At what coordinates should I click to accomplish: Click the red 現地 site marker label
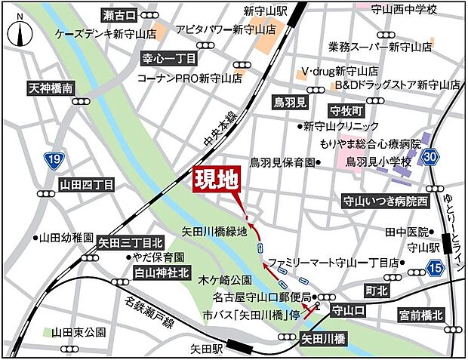pyautogui.click(x=217, y=180)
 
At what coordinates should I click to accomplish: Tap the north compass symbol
pyautogui.click(x=19, y=31)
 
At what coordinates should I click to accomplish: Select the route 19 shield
pyautogui.click(x=53, y=160)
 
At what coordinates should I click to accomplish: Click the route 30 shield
pyautogui.click(x=430, y=156)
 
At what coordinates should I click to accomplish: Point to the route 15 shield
pyautogui.click(x=435, y=266)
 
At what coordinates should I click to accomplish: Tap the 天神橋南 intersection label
pyautogui.click(x=51, y=88)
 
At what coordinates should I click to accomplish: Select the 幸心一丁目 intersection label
pyautogui.click(x=169, y=58)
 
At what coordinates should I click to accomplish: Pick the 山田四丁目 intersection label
pyautogui.click(x=88, y=184)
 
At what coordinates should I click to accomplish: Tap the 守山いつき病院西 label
pyautogui.click(x=385, y=202)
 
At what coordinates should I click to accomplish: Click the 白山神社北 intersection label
pyautogui.click(x=160, y=272)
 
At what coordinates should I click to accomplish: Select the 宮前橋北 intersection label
pyautogui.click(x=423, y=314)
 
